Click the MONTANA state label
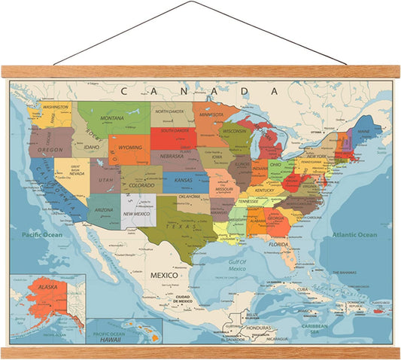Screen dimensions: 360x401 point(112,118)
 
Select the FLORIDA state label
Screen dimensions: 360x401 point(279,245)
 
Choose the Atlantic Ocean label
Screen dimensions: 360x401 point(355,235)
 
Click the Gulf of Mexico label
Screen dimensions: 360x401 point(237,264)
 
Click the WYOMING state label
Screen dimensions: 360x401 point(130,148)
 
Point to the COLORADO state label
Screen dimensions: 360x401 point(141,185)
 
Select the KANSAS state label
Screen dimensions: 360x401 point(184,182)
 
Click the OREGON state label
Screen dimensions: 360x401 point(50,150)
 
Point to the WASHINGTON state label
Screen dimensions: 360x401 point(56,107)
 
